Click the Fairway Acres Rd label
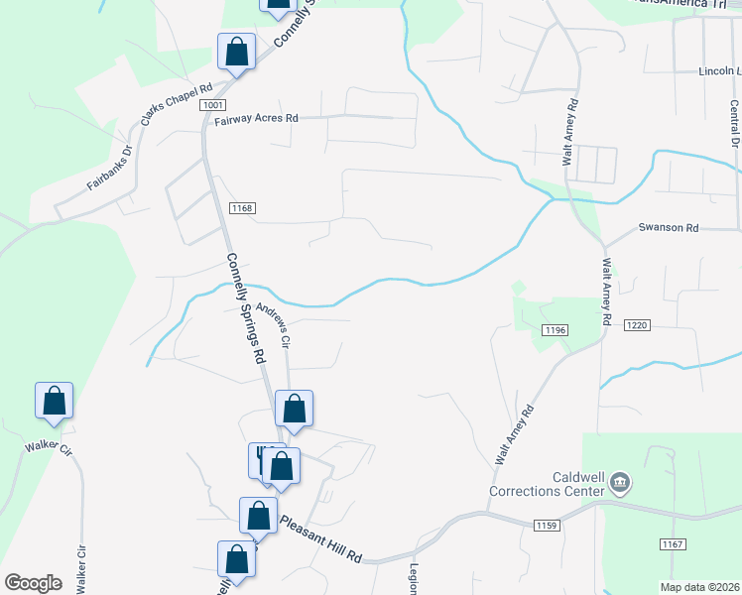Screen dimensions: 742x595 (x=257, y=119)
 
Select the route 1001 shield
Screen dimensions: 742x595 (x=211, y=105)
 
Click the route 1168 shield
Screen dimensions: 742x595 (x=242, y=208)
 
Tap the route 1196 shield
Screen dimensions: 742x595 (x=555, y=329)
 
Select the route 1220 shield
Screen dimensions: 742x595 (x=636, y=324)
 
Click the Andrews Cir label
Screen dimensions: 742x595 (x=273, y=325)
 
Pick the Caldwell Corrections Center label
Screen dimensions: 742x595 (x=546, y=483)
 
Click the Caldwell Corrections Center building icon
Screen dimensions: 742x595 (x=620, y=483)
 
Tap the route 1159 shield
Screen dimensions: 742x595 (x=547, y=526)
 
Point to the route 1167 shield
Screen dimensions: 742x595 (x=673, y=544)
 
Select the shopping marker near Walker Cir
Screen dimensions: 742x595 (x=55, y=403)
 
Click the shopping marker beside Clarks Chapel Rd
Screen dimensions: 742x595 (x=237, y=53)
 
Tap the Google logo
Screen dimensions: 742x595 (x=34, y=583)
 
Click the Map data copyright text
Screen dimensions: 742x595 (x=699, y=587)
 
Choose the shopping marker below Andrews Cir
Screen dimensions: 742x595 (x=294, y=409)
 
